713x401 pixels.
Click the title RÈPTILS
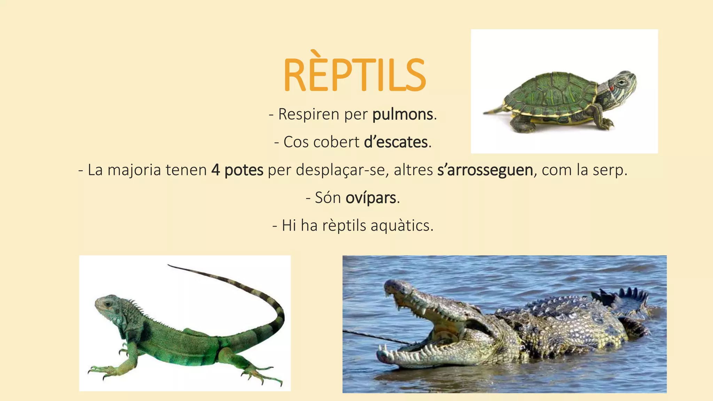pyautogui.click(x=354, y=75)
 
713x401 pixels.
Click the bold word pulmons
pyautogui.click(x=402, y=115)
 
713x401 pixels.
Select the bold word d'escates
pyautogui.click(x=395, y=142)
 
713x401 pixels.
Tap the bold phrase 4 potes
pyautogui.click(x=237, y=170)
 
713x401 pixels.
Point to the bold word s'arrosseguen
pyautogui.click(x=485, y=170)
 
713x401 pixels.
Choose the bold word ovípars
pyautogui.click(x=370, y=198)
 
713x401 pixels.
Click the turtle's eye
pyautogui.click(x=621, y=82)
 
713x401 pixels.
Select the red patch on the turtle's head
pyautogui.click(x=611, y=88)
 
